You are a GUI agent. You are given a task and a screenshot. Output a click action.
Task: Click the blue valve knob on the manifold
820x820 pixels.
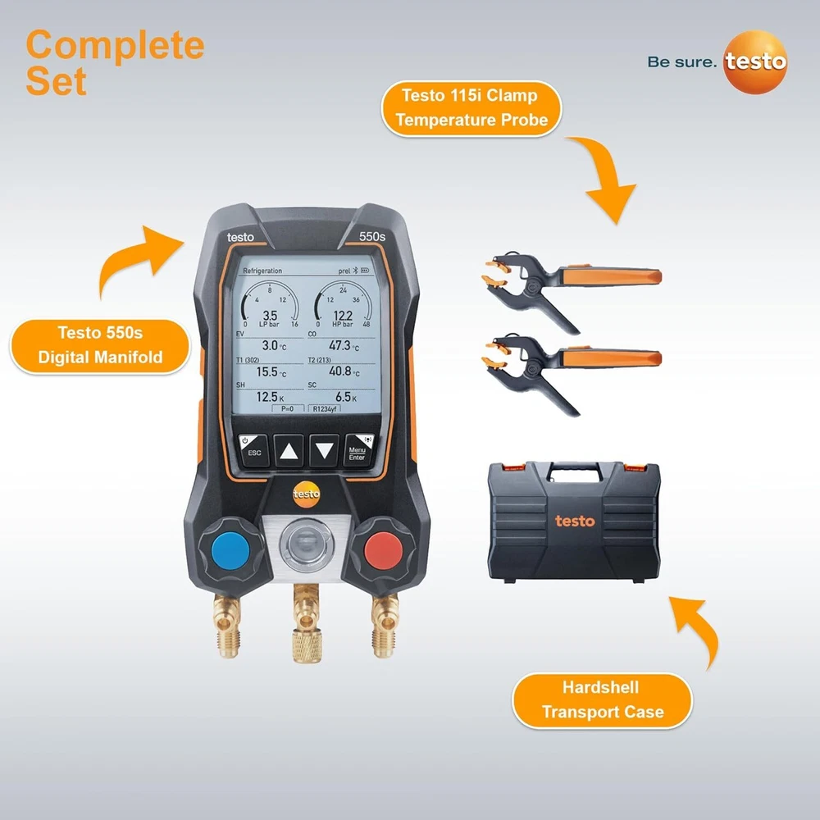click(x=230, y=550)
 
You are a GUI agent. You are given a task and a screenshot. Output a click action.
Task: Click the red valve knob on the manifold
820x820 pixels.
click(x=383, y=550)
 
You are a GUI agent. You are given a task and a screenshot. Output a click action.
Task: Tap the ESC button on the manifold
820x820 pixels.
click(x=254, y=449)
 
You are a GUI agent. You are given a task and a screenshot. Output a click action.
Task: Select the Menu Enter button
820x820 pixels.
click(x=359, y=449)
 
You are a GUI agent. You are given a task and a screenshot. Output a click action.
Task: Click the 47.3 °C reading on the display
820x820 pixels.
click(x=344, y=346)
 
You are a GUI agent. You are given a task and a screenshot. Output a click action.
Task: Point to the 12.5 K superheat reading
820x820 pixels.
click(x=270, y=397)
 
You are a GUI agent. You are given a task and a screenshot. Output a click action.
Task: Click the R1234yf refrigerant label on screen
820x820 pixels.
click(x=324, y=409)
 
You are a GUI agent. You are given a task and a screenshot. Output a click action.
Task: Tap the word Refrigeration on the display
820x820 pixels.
click(x=262, y=271)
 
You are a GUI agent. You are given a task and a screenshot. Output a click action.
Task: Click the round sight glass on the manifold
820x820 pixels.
click(x=307, y=544)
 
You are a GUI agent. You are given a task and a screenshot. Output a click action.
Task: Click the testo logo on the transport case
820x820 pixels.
click(x=575, y=521)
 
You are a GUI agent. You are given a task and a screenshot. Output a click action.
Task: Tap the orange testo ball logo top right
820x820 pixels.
click(x=755, y=61)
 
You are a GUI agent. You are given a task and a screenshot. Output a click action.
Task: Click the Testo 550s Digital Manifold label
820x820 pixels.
click(x=100, y=346)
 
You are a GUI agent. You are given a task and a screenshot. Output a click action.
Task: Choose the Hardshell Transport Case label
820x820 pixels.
click(x=603, y=700)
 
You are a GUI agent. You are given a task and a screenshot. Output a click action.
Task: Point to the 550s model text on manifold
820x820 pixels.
click(x=371, y=236)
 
